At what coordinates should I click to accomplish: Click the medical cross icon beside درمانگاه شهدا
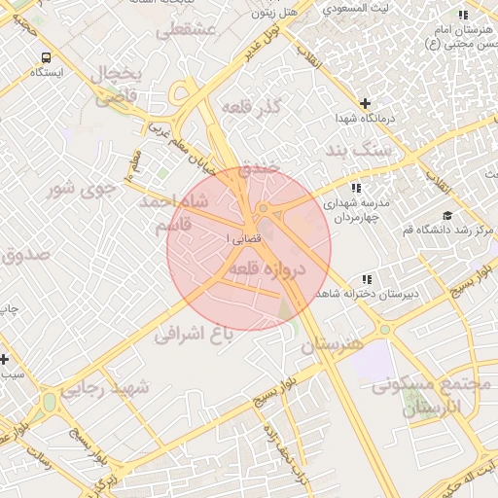pos(365,103)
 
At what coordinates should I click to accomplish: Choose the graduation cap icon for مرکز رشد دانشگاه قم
pos(446,216)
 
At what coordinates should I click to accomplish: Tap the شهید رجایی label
pos(106,388)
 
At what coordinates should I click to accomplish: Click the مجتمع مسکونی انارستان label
pos(428,395)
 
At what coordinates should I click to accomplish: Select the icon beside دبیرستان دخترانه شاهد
pos(366,278)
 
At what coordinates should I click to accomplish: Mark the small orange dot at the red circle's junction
pos(264,208)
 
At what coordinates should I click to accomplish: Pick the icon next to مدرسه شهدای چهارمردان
pos(356,187)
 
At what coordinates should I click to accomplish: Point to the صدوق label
pos(21,256)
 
